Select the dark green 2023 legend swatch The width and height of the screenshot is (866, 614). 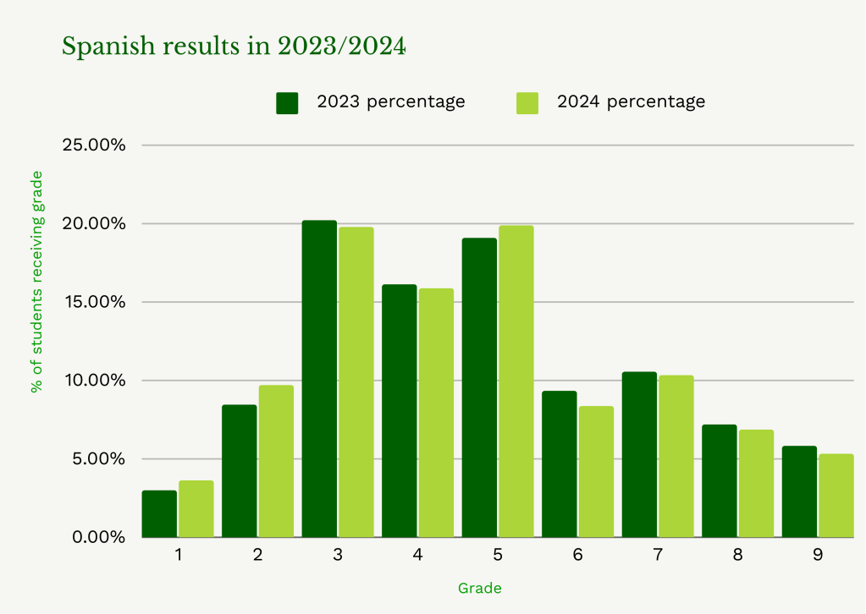(x=288, y=102)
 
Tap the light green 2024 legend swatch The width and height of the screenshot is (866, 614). (x=527, y=102)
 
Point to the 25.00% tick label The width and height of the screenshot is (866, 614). (x=95, y=145)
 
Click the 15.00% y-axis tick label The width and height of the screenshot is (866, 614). (x=95, y=302)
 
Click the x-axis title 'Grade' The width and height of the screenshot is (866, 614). (x=479, y=588)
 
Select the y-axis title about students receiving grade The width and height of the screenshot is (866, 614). (x=36, y=282)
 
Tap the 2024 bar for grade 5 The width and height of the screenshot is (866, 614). (x=516, y=381)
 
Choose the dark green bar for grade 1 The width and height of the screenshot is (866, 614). (x=159, y=513)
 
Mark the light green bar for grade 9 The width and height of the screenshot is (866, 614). (x=836, y=496)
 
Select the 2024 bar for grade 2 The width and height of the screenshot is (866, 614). (x=276, y=461)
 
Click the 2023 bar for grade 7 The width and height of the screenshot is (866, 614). (x=638, y=454)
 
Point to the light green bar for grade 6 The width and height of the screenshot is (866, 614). (x=596, y=472)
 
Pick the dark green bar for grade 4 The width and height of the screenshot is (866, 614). (x=399, y=411)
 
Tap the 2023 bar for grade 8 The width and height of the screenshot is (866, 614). (x=719, y=480)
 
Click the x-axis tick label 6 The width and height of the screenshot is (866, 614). (x=577, y=556)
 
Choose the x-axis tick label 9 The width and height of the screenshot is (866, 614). (x=817, y=556)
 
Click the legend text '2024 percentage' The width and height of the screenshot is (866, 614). (x=631, y=101)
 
